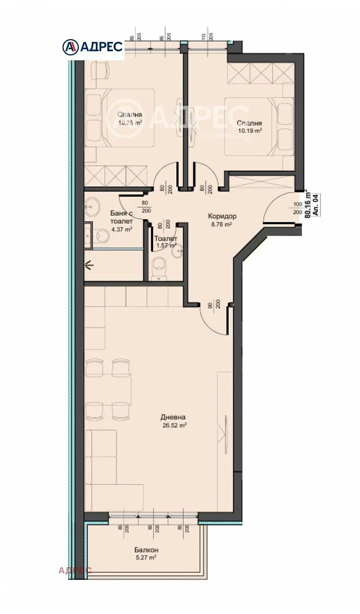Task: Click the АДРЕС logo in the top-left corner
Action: tap(92, 46)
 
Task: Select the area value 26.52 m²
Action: tap(175, 425)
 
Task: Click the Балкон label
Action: tap(146, 550)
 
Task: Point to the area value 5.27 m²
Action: tap(146, 557)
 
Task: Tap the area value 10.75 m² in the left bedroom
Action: tap(130, 122)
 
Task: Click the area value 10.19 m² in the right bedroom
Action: tap(250, 131)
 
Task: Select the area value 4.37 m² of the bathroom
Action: tap(121, 229)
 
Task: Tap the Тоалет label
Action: tap(165, 239)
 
